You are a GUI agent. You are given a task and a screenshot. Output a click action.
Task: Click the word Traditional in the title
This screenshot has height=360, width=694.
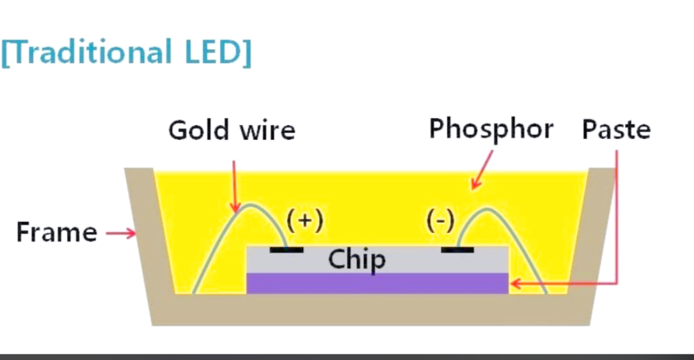(91, 52)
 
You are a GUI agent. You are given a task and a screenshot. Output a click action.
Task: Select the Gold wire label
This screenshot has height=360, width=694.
(232, 130)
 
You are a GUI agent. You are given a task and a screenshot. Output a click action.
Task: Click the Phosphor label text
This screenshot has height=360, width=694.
(491, 130)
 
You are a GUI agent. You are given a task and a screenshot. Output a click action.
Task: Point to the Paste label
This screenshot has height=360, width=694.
(616, 130)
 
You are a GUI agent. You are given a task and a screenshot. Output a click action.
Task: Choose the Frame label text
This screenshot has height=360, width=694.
(56, 232)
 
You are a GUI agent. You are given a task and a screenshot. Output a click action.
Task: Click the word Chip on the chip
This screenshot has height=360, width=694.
(357, 259)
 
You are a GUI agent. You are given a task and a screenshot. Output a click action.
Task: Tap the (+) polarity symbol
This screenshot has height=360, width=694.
(305, 221)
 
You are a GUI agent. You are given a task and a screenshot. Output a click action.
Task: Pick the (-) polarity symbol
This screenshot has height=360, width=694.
(440, 221)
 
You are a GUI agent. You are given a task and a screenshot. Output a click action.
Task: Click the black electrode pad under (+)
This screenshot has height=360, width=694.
(286, 249)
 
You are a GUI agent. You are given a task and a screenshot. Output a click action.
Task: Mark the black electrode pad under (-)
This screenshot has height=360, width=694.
(457, 249)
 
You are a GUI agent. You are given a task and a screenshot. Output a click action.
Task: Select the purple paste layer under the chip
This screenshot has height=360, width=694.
(377, 283)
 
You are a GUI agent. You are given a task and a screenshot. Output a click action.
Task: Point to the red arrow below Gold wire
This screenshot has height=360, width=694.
(235, 185)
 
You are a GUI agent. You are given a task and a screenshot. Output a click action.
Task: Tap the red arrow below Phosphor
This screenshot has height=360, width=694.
(483, 169)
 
